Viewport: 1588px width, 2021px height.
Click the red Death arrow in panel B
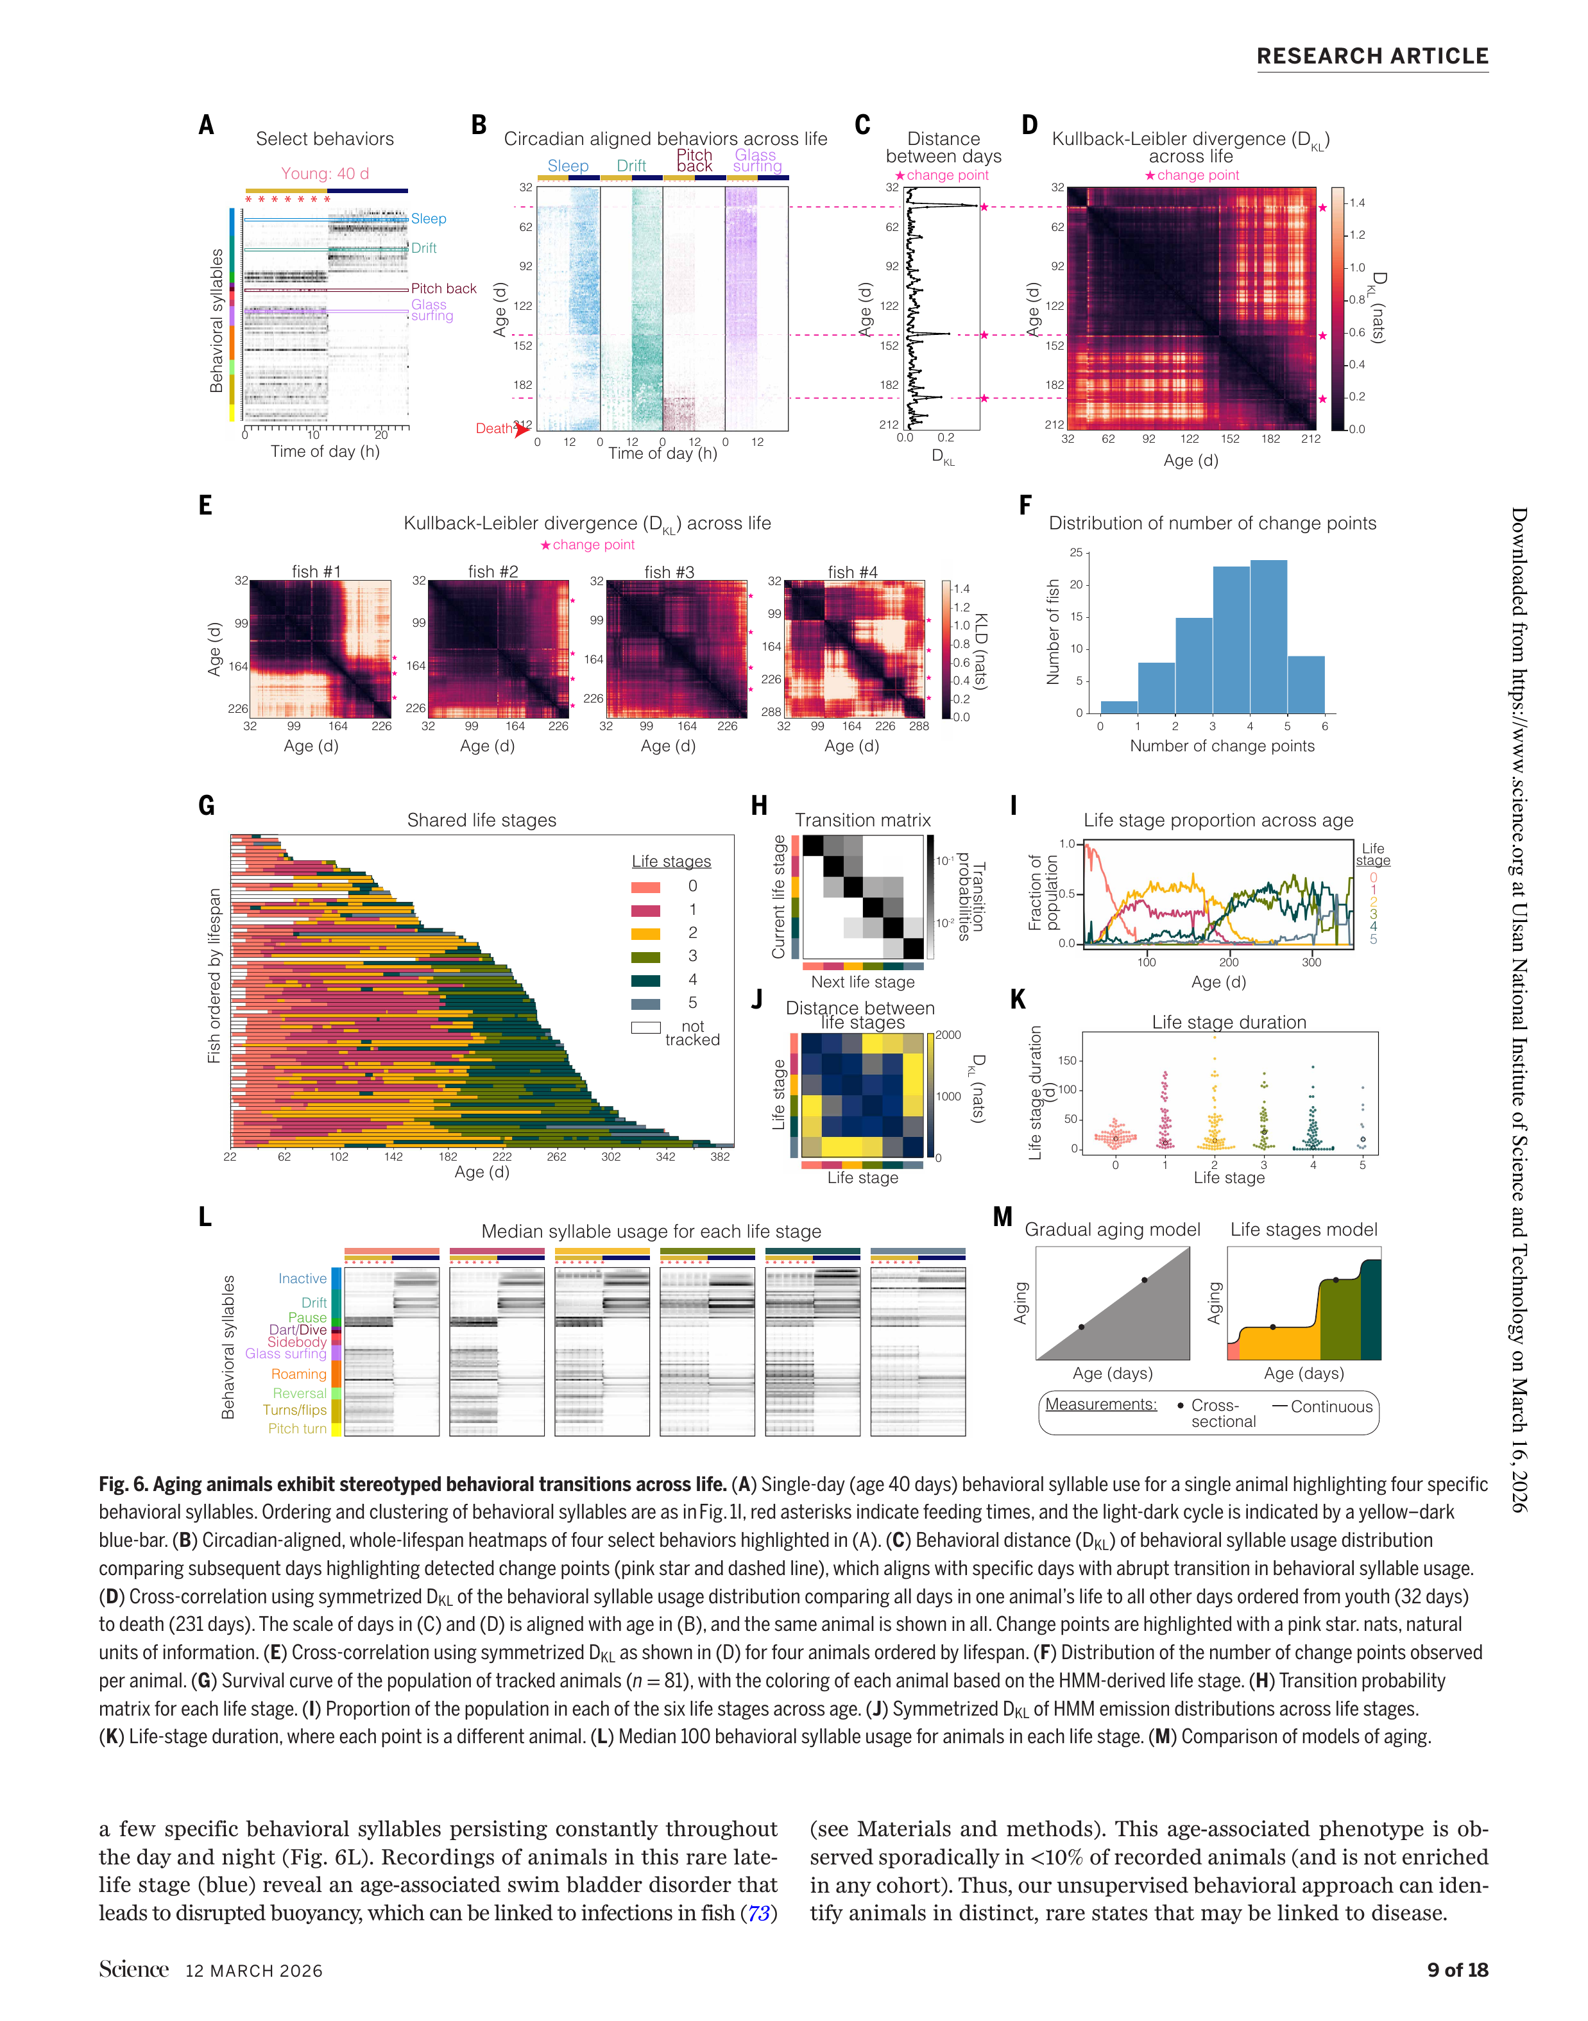click(x=522, y=429)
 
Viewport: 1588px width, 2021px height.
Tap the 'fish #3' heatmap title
click(x=669, y=572)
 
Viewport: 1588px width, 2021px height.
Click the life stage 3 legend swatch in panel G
click(x=645, y=957)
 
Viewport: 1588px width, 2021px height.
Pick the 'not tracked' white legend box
click(x=645, y=1027)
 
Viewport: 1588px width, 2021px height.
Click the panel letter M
click(x=1002, y=1217)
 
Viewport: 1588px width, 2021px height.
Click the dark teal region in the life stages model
click(x=1370, y=1311)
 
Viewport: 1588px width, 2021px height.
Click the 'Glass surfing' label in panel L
click(x=286, y=1354)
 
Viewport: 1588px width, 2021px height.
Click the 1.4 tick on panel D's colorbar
click(x=1356, y=203)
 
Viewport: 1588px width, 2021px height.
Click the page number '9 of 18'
click(x=1457, y=1969)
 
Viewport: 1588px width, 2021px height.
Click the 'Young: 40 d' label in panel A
click(x=325, y=174)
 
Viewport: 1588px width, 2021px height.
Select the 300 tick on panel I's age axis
click(x=1311, y=962)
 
